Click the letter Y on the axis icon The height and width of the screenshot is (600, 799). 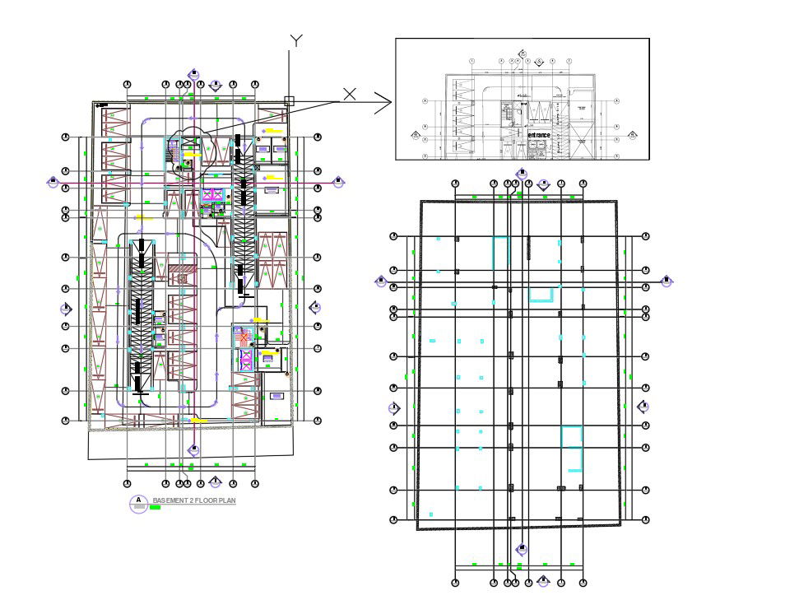[297, 41]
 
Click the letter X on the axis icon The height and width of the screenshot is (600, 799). [350, 94]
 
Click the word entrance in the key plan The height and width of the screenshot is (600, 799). [539, 135]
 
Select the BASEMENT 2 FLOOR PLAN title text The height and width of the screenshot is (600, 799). [194, 500]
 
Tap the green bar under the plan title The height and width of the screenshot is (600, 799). [155, 508]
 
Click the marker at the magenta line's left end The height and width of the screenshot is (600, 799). [53, 181]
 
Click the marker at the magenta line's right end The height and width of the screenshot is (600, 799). [337, 181]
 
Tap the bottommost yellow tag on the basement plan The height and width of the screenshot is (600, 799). [197, 420]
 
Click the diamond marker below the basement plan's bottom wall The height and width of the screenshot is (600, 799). [194, 449]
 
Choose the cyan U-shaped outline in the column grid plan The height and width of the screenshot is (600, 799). [540, 295]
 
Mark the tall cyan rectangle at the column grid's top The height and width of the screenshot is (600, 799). [500, 251]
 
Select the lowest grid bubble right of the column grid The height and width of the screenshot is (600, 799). [646, 519]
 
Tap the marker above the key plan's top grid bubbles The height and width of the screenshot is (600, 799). [523, 53]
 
